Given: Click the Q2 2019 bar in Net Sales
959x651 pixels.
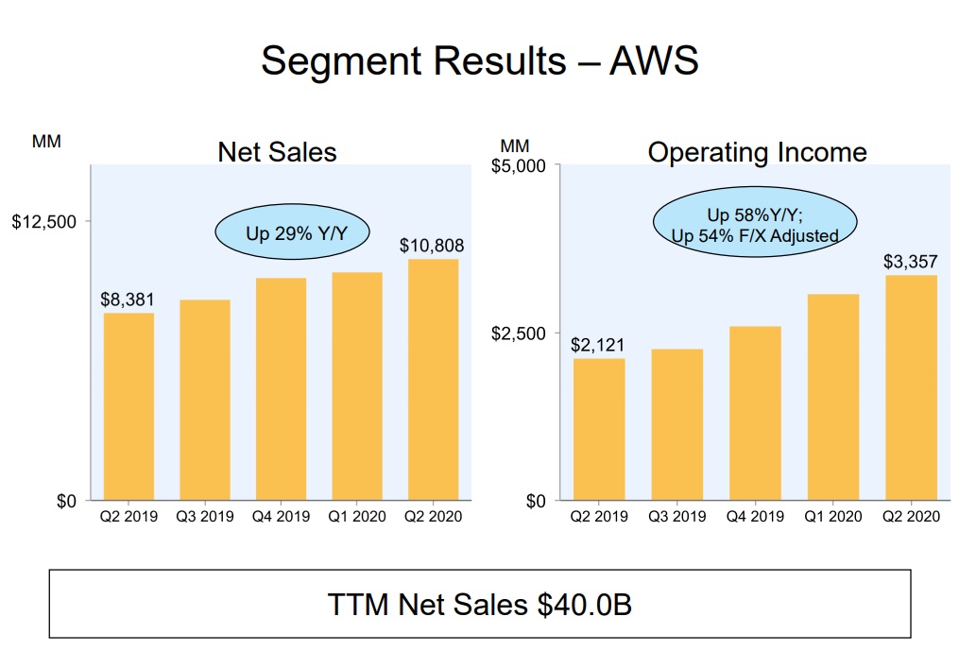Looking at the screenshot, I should [x=128, y=406].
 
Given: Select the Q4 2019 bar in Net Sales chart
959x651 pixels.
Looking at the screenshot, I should [x=281, y=388].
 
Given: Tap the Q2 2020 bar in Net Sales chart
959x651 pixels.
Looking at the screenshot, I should [x=433, y=379].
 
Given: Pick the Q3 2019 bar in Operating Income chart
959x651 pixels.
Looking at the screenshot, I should [x=676, y=424].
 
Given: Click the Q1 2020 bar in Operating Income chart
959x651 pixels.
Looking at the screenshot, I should [x=833, y=397].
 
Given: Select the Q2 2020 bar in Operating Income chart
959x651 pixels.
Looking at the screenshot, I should [x=911, y=387].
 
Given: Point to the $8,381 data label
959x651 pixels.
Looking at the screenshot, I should [x=127, y=300].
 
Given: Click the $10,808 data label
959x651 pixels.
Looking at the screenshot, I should [x=432, y=246].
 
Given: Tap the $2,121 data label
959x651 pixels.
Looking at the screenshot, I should [x=598, y=345].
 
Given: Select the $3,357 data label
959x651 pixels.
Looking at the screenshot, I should [x=911, y=261].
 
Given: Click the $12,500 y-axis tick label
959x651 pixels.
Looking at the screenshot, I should [x=44, y=222].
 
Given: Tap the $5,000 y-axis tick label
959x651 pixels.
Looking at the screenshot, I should [x=519, y=166].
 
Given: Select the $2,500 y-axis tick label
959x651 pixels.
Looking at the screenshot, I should [x=519, y=334].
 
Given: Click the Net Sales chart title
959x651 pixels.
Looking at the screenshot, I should [x=277, y=151].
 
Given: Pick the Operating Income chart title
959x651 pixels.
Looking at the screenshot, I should [x=757, y=151].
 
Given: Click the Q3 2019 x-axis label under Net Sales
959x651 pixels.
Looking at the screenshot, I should [x=204, y=517].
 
